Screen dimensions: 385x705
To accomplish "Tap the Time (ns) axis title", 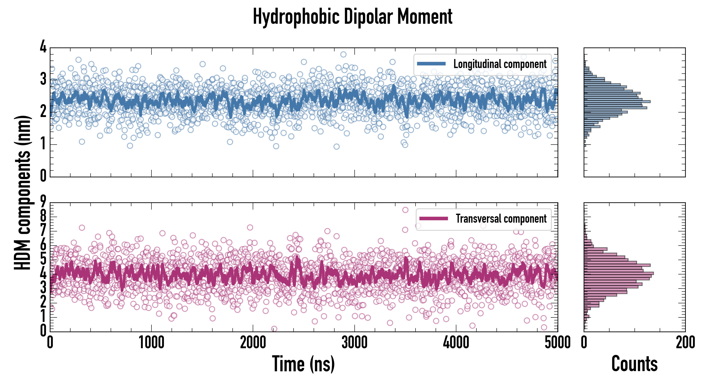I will click(x=303, y=364).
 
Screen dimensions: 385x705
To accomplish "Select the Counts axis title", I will click(x=634, y=364).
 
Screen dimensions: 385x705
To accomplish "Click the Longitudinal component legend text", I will click(x=500, y=64).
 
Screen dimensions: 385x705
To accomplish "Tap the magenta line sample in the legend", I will click(x=433, y=218).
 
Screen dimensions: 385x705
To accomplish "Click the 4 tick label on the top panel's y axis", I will click(x=43, y=47).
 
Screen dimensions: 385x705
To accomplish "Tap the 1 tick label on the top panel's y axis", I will click(x=43, y=144).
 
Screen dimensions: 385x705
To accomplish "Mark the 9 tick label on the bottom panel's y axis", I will click(x=43, y=202).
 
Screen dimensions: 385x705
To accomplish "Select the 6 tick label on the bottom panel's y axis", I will click(x=43, y=245).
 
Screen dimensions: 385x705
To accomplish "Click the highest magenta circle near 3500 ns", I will click(x=405, y=210).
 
